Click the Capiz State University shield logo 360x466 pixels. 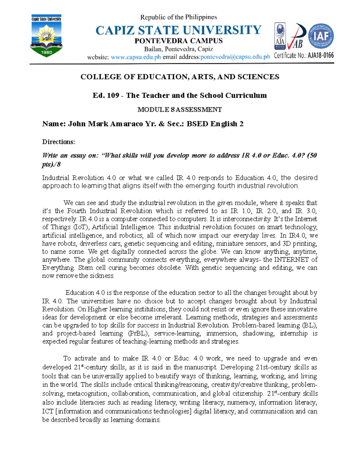click(x=46, y=36)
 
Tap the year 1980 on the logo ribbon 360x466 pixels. click(x=46, y=52)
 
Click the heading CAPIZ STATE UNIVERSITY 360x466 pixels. click(x=178, y=30)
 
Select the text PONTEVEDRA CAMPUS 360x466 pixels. click(x=178, y=41)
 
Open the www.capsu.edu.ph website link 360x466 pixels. click(x=136, y=57)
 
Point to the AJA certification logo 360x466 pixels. click(x=280, y=36)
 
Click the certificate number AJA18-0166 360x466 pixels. click(x=320, y=56)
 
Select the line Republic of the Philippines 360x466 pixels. click(x=178, y=17)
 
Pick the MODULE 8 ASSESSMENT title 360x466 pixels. click(x=179, y=110)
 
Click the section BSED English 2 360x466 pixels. click(x=215, y=124)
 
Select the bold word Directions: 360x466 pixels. click(x=58, y=142)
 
